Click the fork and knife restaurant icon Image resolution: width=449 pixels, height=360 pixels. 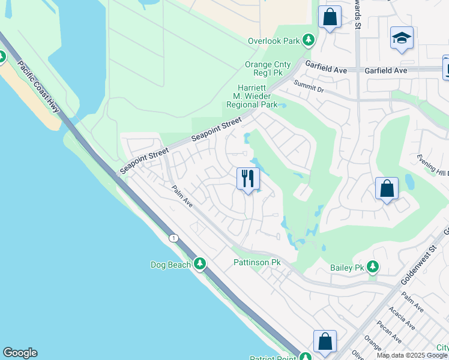click(248, 178)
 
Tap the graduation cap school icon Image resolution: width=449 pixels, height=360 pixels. click(402, 38)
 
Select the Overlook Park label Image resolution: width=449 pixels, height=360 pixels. click(274, 41)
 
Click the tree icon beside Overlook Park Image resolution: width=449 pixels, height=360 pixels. click(309, 40)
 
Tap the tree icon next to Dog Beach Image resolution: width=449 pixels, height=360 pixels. click(200, 264)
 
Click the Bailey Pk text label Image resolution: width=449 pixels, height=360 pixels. click(348, 268)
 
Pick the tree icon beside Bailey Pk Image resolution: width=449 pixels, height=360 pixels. click(373, 266)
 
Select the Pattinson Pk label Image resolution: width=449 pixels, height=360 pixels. click(257, 263)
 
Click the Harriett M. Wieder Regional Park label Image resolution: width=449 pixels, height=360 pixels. click(252, 96)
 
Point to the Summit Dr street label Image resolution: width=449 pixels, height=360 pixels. click(308, 89)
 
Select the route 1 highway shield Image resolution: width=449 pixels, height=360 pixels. click(173, 238)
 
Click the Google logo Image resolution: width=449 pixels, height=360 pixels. click(20, 353)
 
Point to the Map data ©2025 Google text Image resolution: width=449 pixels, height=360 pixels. click(412, 355)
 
